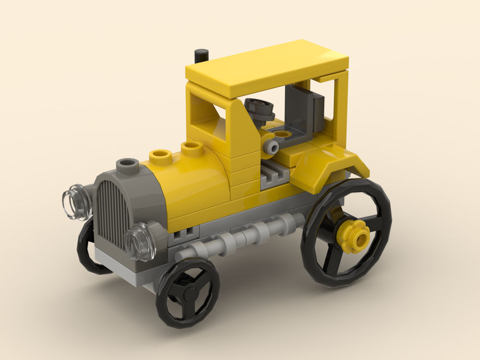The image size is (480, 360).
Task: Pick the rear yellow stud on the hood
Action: tap(192, 148)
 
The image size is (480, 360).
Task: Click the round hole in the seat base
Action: tap(284, 135)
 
